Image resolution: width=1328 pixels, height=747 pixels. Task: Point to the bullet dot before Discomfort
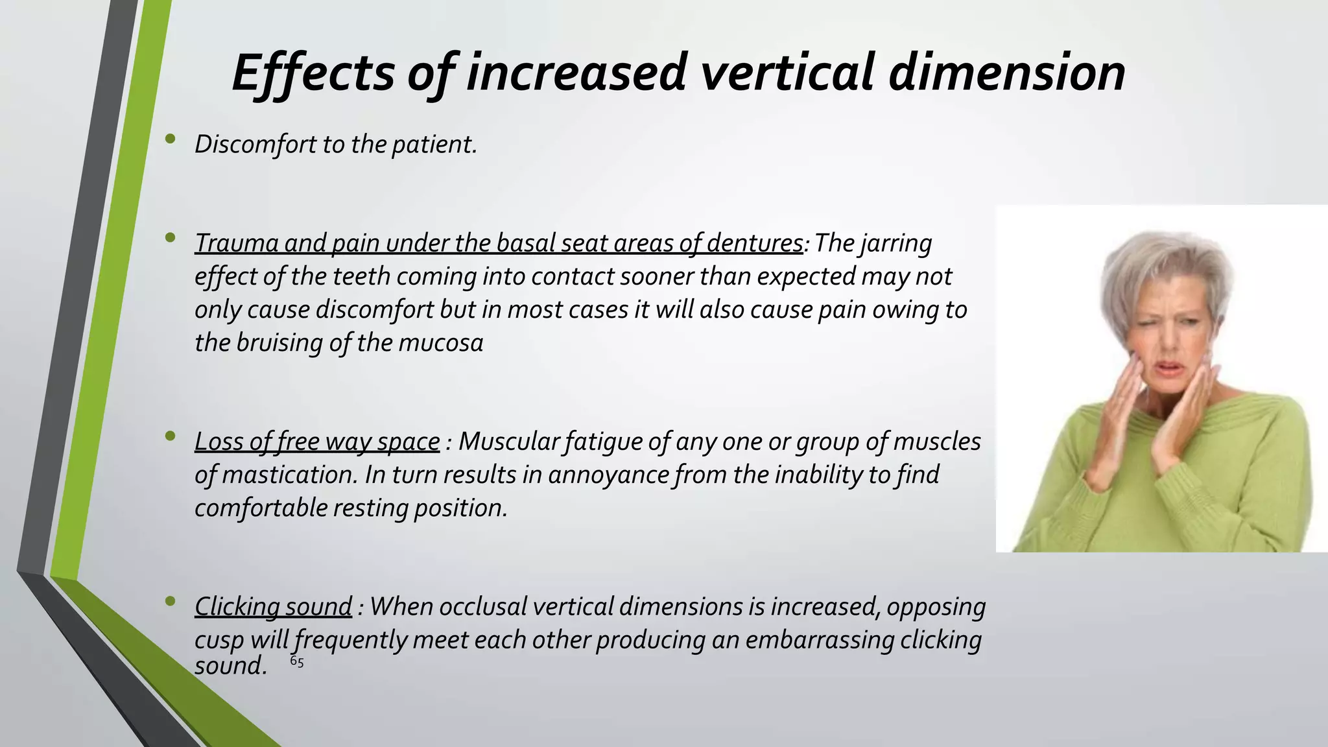click(171, 138)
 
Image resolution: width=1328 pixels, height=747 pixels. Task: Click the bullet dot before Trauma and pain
click(171, 238)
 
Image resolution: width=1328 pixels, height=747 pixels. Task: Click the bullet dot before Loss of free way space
click(171, 436)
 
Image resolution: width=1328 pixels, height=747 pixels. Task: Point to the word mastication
click(289, 475)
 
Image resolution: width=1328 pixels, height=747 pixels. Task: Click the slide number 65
click(296, 662)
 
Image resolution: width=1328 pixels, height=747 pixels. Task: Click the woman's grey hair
click(1167, 272)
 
